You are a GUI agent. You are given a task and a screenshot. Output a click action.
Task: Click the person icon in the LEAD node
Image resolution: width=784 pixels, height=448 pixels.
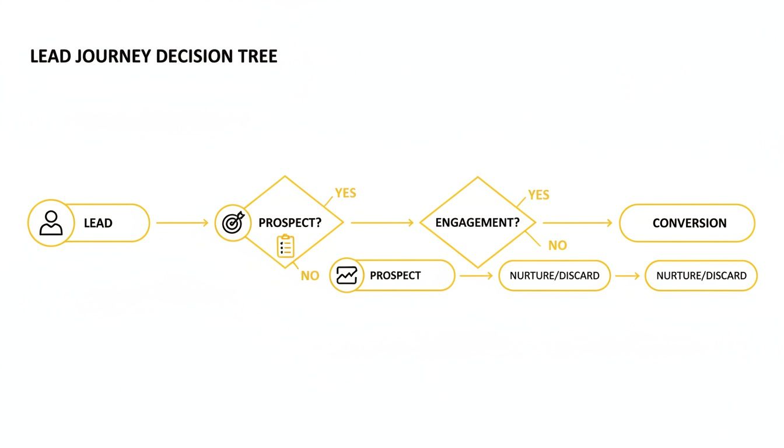pos(51,223)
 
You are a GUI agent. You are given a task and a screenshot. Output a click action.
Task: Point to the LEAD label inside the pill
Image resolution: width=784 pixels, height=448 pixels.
pos(98,223)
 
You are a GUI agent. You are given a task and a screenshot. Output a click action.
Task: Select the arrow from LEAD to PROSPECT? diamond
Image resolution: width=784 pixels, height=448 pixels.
pos(182,223)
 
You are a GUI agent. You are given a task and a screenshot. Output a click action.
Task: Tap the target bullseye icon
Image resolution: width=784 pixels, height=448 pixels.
pos(233,223)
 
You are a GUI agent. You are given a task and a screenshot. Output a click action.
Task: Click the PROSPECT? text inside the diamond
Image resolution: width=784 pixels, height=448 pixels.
pos(290,223)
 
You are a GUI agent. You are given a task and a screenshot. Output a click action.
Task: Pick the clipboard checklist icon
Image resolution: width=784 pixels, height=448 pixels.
pos(285,246)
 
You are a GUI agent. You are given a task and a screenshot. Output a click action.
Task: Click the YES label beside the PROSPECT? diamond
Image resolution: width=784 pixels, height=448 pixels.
pos(345,193)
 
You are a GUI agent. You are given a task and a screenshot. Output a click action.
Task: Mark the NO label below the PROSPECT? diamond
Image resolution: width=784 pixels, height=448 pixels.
pos(310,276)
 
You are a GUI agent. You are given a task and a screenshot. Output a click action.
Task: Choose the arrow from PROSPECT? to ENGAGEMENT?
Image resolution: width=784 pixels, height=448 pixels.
pos(382,223)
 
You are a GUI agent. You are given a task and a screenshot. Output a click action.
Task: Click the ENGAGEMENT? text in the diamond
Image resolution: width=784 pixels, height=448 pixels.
pos(477,223)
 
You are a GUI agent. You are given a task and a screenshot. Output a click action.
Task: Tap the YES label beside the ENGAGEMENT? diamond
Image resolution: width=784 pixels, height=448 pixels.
pos(538,195)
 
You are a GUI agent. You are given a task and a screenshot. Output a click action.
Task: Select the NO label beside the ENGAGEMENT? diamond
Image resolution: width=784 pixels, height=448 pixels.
pos(557,246)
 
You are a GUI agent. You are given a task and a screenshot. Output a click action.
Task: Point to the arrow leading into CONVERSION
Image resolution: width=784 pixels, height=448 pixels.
pos(577,223)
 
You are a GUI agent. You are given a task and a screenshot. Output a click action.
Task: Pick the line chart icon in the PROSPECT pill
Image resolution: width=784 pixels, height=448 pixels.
pos(346,275)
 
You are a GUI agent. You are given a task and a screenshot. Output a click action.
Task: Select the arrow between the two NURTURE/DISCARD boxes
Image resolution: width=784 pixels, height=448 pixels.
pos(627,275)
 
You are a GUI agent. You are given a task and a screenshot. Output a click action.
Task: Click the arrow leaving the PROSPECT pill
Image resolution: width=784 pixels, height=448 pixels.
pos(476,275)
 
